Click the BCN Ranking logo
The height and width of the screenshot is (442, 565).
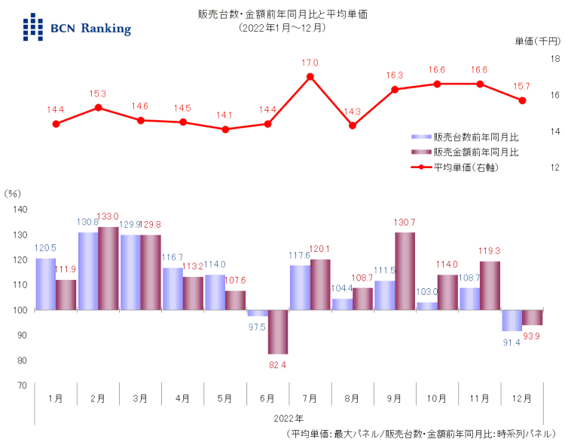coord(76,27)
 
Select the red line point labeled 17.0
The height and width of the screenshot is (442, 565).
coord(310,77)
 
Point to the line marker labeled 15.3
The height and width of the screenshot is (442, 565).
coord(98,108)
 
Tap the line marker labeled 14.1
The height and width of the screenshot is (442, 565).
coord(225,129)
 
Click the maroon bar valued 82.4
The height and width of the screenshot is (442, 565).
coord(279,332)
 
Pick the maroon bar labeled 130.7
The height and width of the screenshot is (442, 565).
coord(405,271)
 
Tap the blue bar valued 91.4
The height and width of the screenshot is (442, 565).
coord(512,321)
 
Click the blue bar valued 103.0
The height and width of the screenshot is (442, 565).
coord(426,306)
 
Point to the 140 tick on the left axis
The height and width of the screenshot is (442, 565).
coord(21,210)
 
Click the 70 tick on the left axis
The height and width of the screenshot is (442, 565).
coord(21,385)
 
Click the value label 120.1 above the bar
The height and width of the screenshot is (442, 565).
coord(321,249)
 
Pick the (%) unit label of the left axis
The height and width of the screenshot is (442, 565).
coord(14,193)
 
